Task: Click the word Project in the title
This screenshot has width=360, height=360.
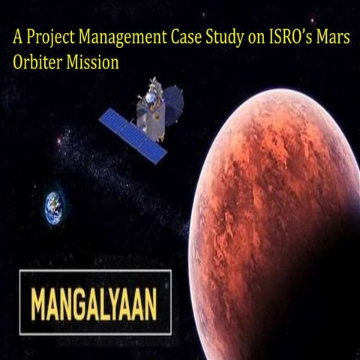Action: coord(44,38)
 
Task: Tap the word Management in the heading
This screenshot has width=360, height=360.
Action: coord(110,38)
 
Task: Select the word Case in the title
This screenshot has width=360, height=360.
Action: coord(171,38)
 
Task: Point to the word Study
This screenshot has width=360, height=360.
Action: coord(211,38)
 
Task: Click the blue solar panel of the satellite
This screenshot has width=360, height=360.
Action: coord(133,135)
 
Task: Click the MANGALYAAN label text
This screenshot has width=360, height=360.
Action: coord(93,302)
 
